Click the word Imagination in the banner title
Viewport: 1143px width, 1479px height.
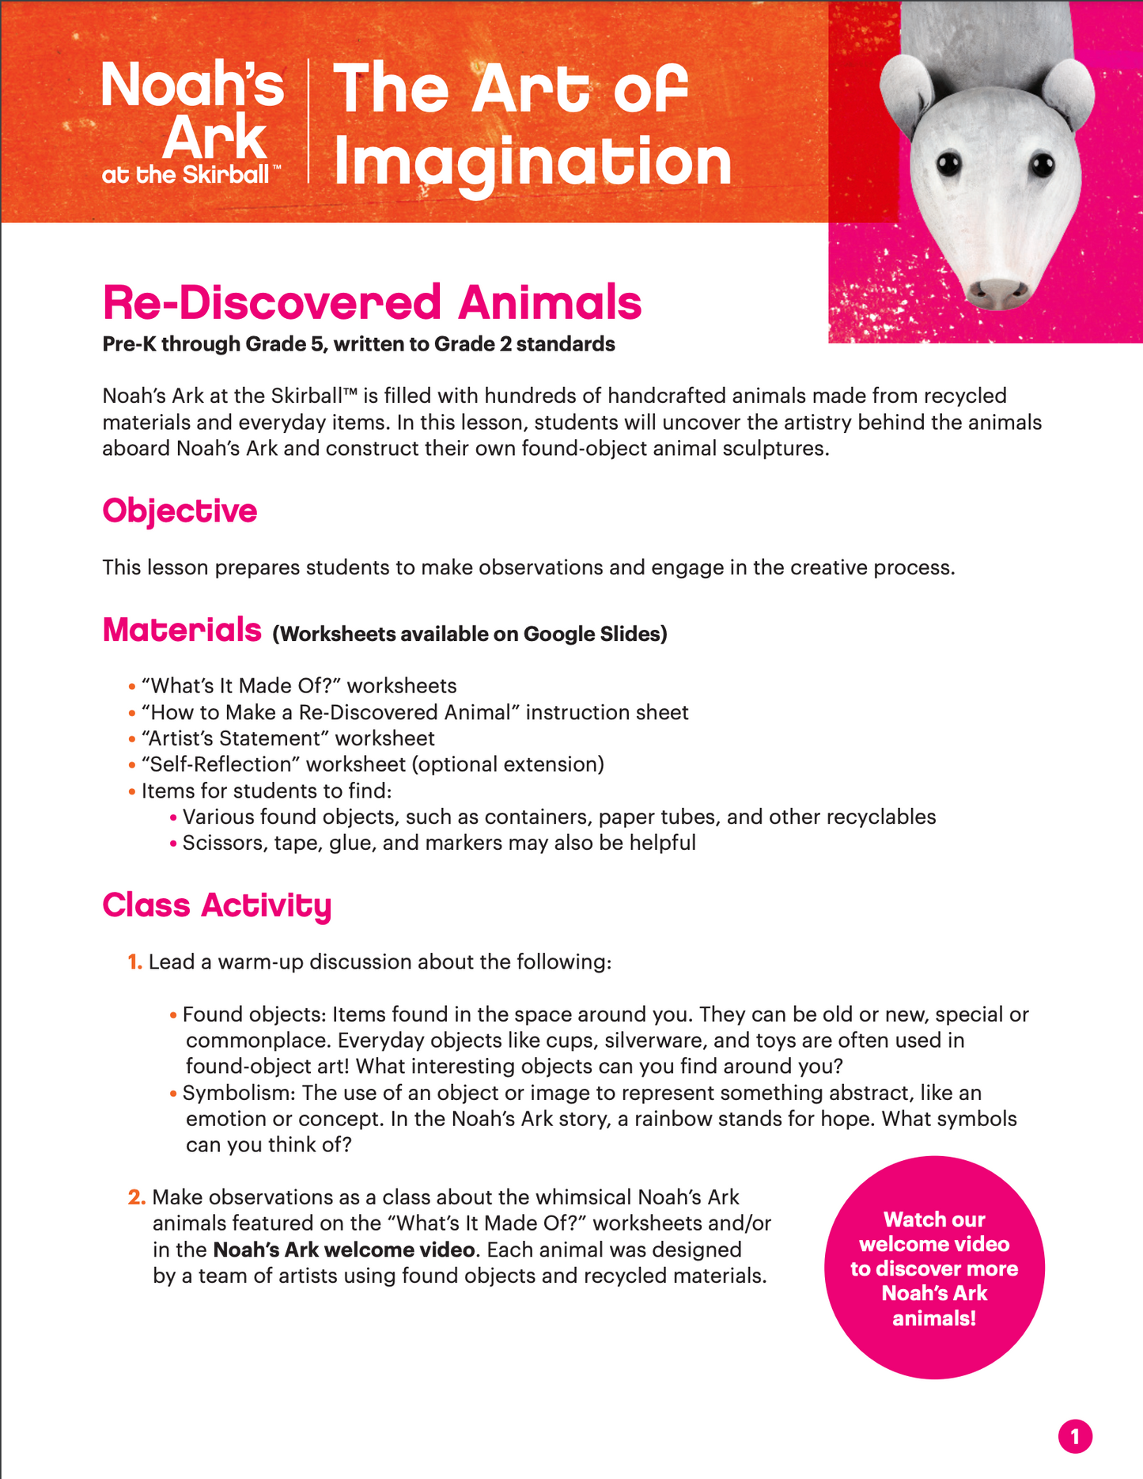[x=532, y=163]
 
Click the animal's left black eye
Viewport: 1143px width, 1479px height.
[x=948, y=165]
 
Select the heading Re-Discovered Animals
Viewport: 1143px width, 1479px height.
[x=372, y=303]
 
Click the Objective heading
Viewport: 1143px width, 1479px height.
[x=180, y=511]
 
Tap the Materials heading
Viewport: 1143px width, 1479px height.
[x=182, y=630]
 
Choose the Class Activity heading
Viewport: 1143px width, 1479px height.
[x=217, y=905]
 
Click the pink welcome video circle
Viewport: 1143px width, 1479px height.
[x=934, y=1268]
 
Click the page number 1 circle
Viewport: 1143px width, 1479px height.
[x=1074, y=1436]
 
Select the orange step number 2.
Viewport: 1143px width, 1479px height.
[x=136, y=1197]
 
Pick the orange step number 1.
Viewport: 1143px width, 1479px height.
[x=135, y=962]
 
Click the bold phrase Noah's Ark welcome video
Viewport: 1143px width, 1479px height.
[x=345, y=1250]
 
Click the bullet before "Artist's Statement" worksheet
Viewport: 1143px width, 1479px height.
[x=132, y=739]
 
